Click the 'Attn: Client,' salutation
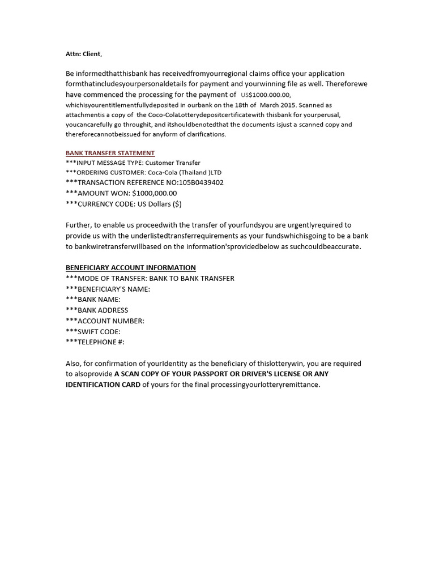tap(84, 54)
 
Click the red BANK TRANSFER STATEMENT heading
tap(110, 153)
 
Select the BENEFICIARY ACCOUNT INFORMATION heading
tap(131, 268)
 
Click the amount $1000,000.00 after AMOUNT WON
tap(154, 193)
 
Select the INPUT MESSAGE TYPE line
tap(133, 163)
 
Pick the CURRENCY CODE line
tap(123, 204)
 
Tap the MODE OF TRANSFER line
tap(150, 279)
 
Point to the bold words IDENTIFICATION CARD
tap(103, 385)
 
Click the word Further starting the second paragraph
tap(78, 225)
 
